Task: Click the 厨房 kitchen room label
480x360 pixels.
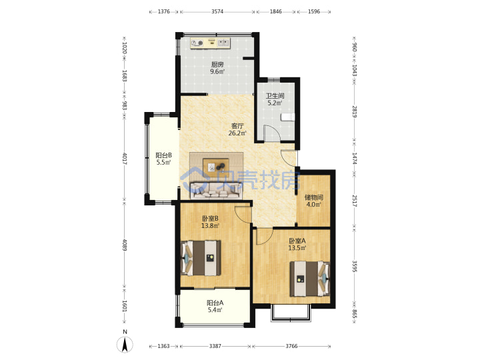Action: point(217,65)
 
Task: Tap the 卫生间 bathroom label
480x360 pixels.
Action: point(275,96)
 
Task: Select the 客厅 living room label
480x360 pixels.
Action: point(237,126)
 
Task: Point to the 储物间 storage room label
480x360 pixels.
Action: point(314,197)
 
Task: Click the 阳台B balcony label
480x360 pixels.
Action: point(163,155)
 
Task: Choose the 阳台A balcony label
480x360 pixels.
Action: point(215,303)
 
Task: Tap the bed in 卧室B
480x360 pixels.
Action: point(201,258)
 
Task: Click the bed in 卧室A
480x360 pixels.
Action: point(310,279)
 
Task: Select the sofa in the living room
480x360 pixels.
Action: point(216,191)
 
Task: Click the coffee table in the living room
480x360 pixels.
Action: point(216,167)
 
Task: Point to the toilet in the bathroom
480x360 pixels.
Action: point(287,117)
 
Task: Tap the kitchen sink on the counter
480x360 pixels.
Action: point(223,43)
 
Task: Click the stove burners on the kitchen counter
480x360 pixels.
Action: point(197,43)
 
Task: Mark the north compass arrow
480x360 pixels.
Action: point(125,345)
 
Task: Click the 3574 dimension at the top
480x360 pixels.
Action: point(217,11)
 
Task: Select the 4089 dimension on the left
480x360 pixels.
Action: point(124,245)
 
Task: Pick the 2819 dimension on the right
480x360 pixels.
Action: point(354,112)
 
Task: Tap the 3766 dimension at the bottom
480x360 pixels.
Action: point(291,346)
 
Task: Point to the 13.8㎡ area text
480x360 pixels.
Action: point(210,226)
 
